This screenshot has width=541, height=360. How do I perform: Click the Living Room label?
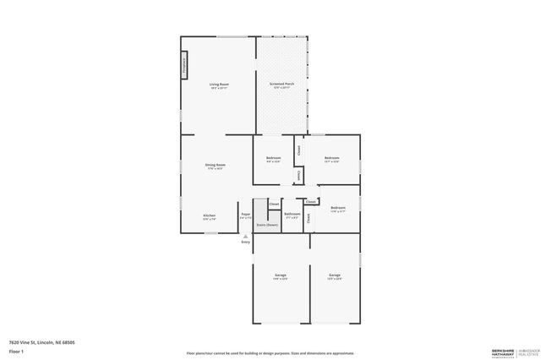tap(220, 85)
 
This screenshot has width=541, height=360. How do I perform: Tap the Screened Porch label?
tap(282, 85)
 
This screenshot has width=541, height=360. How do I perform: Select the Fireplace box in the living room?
tap(183, 66)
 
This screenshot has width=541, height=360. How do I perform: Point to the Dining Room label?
tap(216, 165)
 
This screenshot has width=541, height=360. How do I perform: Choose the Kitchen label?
tap(209, 215)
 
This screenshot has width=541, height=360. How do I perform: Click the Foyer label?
tap(245, 215)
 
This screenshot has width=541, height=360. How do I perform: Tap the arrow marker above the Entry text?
tap(245, 237)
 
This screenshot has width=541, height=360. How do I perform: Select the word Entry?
tap(245, 243)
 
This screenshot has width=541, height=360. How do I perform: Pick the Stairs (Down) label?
tap(267, 226)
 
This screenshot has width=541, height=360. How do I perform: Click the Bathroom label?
tap(292, 214)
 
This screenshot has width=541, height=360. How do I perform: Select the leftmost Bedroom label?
tap(273, 158)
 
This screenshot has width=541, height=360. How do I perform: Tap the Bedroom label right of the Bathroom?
tap(338, 208)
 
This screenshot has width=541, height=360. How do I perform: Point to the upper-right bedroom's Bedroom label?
tap(331, 158)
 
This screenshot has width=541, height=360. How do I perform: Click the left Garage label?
tap(280, 275)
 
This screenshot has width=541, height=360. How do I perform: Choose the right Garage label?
tap(335, 275)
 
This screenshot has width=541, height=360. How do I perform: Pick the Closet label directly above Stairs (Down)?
tap(274, 205)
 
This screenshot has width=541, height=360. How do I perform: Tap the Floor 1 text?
tap(16, 352)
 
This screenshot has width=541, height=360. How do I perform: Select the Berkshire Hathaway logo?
tap(511, 352)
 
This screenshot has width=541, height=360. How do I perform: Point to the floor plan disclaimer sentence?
tap(270, 353)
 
